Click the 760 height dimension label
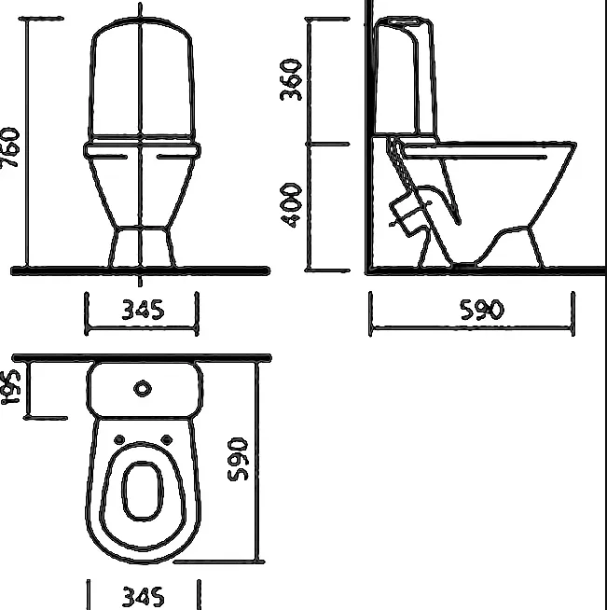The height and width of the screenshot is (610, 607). click(x=9, y=147)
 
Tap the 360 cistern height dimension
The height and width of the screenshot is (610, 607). click(x=291, y=80)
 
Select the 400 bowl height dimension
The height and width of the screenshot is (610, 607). click(x=291, y=205)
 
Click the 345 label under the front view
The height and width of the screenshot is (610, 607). click(x=143, y=310)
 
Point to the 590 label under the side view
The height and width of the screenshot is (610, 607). click(x=482, y=310)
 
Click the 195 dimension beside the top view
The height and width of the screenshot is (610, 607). click(x=10, y=387)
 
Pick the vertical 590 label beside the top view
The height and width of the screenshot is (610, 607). click(x=237, y=459)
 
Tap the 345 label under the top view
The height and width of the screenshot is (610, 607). click(x=143, y=597)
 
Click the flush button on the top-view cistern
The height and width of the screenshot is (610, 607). click(x=143, y=389)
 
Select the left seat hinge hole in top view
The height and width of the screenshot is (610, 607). click(x=119, y=440)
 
